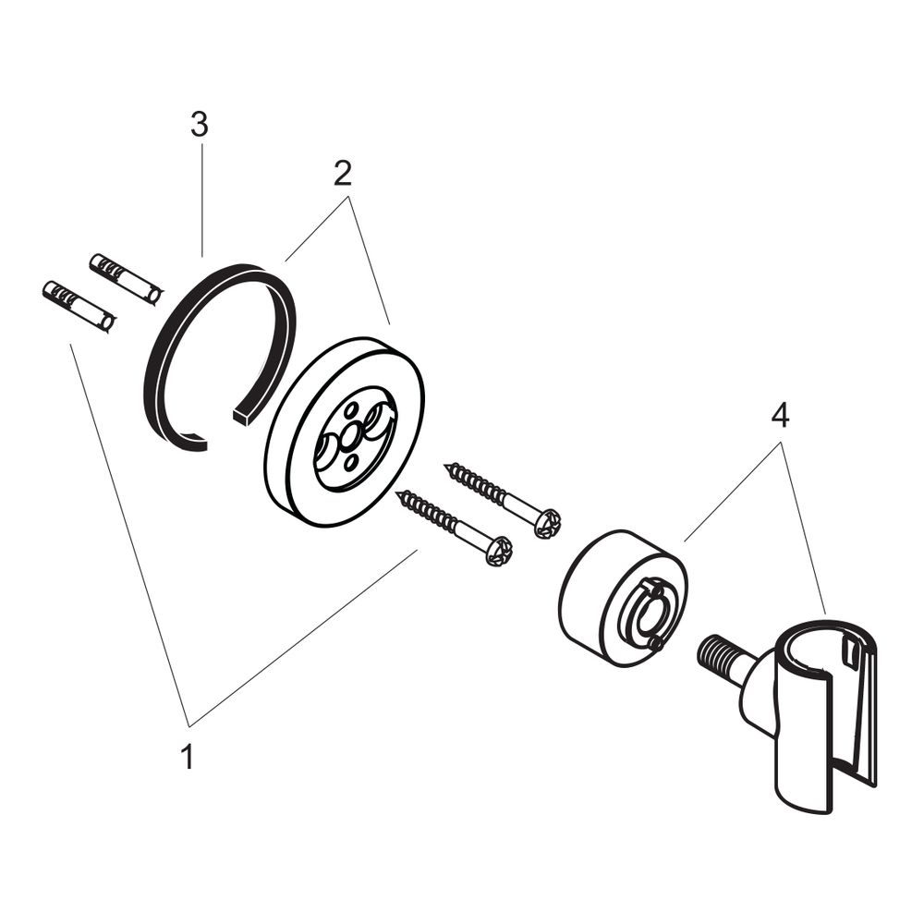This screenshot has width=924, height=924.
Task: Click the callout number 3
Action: pyautogui.click(x=200, y=125)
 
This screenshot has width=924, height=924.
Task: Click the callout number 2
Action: pyautogui.click(x=343, y=173)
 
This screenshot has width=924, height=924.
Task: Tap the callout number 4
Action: pyautogui.click(x=780, y=417)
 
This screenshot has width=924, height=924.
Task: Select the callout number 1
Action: pyautogui.click(x=188, y=757)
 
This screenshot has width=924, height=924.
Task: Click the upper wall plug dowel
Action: pyautogui.click(x=126, y=279)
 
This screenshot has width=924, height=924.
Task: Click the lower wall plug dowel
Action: pyautogui.click(x=79, y=307)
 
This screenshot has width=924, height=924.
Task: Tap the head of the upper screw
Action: pyautogui.click(x=548, y=522)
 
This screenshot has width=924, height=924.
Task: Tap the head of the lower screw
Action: pyautogui.click(x=500, y=551)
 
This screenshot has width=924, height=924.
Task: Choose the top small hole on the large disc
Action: pyautogui.click(x=352, y=409)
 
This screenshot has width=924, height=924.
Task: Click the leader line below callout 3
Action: pyautogui.click(x=201, y=201)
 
